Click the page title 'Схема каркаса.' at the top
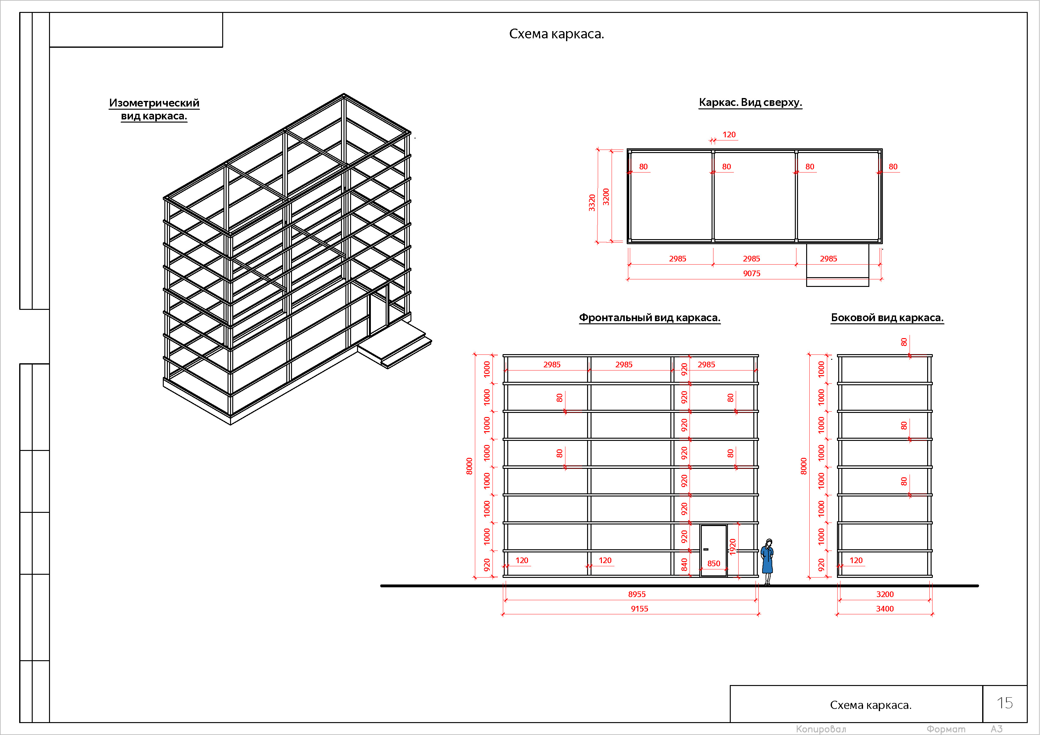(x=556, y=34)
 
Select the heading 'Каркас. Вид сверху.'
(x=750, y=102)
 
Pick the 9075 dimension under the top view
(x=751, y=273)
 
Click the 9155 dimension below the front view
(x=639, y=609)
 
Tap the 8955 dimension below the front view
(x=636, y=595)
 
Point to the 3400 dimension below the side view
(x=885, y=609)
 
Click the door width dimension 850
(x=713, y=564)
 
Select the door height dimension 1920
(x=732, y=546)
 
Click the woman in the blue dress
(x=767, y=562)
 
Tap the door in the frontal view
(x=713, y=551)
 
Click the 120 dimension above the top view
(x=729, y=135)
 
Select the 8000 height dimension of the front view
(x=469, y=466)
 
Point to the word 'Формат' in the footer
(x=946, y=729)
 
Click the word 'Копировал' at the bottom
(x=821, y=729)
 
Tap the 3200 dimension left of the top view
(x=606, y=197)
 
